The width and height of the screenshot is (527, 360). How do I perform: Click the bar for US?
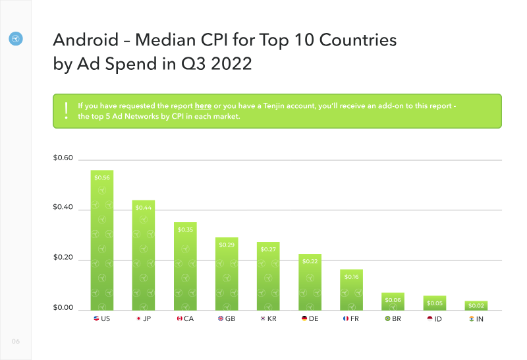(102, 240)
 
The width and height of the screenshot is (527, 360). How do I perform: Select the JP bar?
(144, 255)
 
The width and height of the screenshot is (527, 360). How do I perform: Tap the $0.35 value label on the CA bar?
(185, 230)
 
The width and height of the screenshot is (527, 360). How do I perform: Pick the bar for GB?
(227, 274)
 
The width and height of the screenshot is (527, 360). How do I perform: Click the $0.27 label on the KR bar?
(268, 249)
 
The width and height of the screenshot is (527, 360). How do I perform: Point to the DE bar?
(310, 282)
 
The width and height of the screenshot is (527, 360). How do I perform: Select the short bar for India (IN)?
(476, 306)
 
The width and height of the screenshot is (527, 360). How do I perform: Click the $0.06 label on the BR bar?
(393, 300)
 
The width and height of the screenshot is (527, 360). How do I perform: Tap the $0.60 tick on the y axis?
(63, 158)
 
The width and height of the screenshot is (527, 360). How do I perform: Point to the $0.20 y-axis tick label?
(63, 257)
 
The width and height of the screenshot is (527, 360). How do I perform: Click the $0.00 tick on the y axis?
(63, 307)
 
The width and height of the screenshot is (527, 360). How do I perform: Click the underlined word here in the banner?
(203, 106)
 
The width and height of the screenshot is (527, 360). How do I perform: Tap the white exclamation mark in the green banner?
(67, 111)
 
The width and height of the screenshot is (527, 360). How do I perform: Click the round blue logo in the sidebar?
(16, 39)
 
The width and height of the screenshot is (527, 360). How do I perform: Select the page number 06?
(16, 341)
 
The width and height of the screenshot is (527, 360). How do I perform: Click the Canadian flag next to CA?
(179, 318)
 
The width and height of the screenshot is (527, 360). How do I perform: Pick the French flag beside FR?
(345, 318)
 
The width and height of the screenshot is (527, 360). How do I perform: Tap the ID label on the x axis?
(438, 319)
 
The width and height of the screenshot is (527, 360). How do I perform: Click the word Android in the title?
(86, 40)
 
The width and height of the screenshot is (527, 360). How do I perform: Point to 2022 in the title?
(232, 63)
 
